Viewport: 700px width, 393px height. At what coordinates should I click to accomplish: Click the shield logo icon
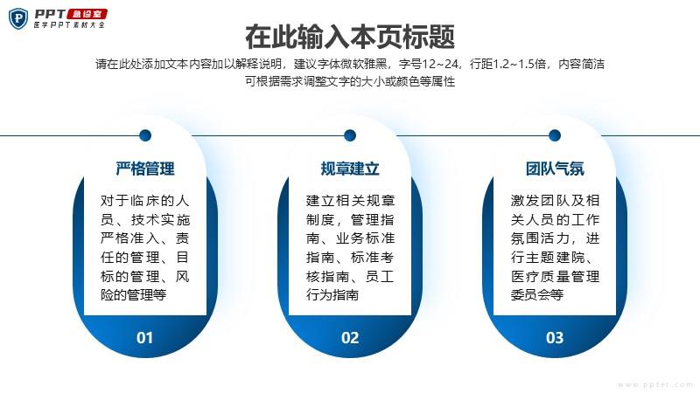[x=18, y=18]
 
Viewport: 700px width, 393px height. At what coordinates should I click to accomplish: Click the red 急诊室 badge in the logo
[x=87, y=14]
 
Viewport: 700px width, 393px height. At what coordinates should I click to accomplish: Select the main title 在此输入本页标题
[x=350, y=37]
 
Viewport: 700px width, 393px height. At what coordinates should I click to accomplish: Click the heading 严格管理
[x=145, y=169]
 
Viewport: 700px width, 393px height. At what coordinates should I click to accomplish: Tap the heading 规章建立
[x=350, y=169]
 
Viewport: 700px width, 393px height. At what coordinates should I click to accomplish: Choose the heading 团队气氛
[x=555, y=169]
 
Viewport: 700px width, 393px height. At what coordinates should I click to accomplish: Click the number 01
[x=144, y=338]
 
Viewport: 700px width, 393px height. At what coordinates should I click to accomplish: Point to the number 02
[x=350, y=338]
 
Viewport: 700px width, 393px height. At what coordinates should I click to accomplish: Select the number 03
[x=555, y=338]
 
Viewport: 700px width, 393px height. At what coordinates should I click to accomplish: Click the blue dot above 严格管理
[x=145, y=135]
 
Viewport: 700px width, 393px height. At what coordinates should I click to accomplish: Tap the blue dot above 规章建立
[x=350, y=135]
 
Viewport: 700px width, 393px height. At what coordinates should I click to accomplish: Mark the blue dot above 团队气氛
[x=555, y=135]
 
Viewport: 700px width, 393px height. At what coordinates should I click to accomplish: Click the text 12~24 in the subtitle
[x=440, y=64]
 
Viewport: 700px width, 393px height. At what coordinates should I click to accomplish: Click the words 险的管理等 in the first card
[x=134, y=295]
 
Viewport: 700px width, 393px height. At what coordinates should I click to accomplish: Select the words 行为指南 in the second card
[x=332, y=295]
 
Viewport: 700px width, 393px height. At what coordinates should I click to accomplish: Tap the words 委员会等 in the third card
[x=537, y=295]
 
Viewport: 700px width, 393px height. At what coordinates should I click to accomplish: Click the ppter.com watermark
[x=654, y=384]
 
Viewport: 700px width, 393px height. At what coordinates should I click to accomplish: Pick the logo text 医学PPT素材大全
[x=69, y=25]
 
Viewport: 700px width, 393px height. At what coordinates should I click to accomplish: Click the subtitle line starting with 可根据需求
[x=350, y=81]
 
